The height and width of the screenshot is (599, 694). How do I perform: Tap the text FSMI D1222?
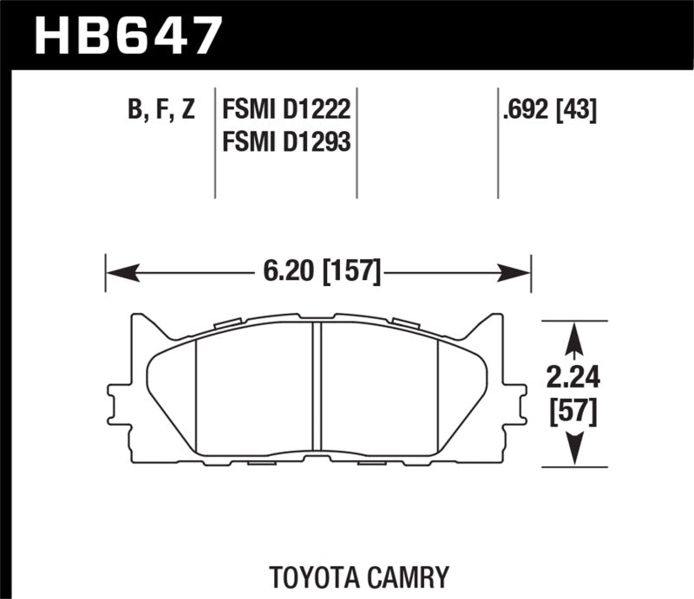(x=285, y=111)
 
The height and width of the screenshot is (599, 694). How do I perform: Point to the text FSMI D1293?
(x=285, y=140)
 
